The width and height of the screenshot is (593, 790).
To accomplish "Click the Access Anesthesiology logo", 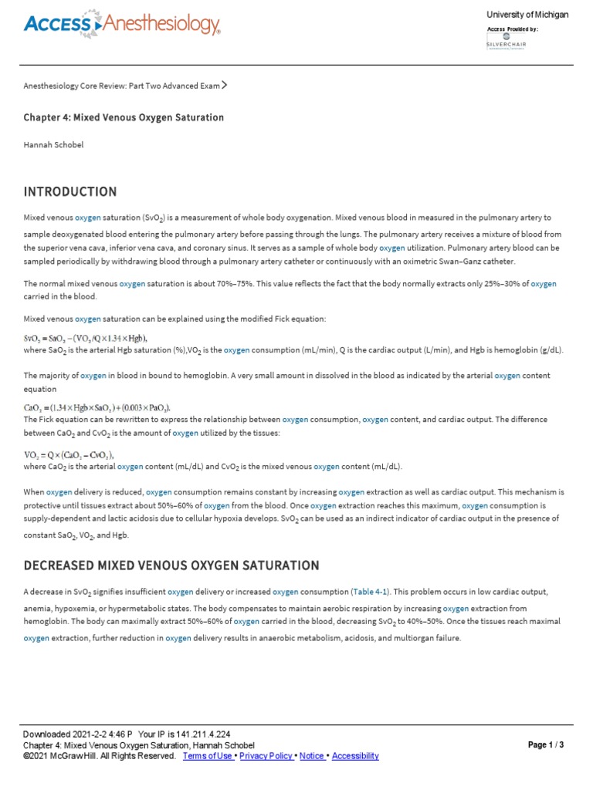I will click(x=122, y=25).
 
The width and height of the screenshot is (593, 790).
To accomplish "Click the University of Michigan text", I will click(x=527, y=15).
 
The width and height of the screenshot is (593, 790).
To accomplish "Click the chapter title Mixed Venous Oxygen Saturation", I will click(x=124, y=117).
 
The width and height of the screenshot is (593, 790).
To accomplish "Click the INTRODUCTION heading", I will click(x=70, y=191).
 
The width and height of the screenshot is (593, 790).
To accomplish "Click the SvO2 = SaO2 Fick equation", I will click(x=85, y=338).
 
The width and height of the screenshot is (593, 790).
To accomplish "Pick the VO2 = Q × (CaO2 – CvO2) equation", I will click(x=69, y=455).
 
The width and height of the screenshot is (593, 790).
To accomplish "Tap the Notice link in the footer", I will click(x=313, y=756).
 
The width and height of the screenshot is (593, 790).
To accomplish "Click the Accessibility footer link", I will click(x=355, y=756).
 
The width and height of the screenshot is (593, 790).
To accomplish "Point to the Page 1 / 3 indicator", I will click(x=546, y=744).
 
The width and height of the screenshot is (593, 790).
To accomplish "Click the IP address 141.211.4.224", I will click(x=203, y=734).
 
